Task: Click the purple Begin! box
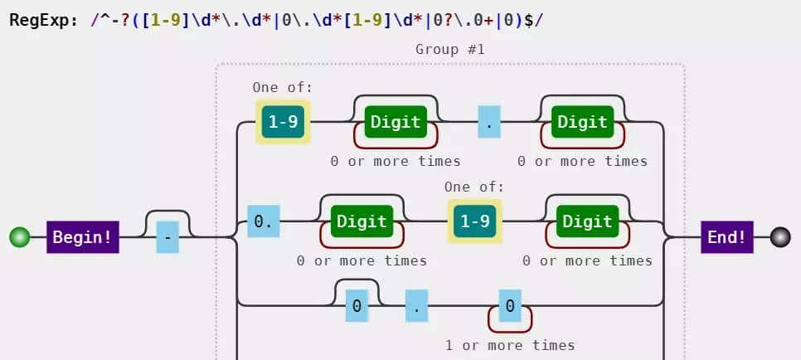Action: pyautogui.click(x=82, y=237)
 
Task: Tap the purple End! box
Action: pyautogui.click(x=726, y=237)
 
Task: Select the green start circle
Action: pyautogui.click(x=19, y=237)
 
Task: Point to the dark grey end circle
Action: pyautogui.click(x=780, y=237)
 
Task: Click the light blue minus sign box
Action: pyautogui.click(x=167, y=237)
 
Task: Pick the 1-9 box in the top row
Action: pyautogui.click(x=283, y=122)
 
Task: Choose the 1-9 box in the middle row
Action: pyautogui.click(x=474, y=221)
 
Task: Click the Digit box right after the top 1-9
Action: pyautogui.click(x=396, y=122)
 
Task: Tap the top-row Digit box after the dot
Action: pyautogui.click(x=582, y=122)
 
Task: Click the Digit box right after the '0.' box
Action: pyautogui.click(x=362, y=221)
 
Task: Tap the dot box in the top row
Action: pyautogui.click(x=489, y=122)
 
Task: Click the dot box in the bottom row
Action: pyautogui.click(x=417, y=305)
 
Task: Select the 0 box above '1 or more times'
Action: pyautogui.click(x=509, y=305)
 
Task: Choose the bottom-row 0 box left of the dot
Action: pyautogui.click(x=357, y=305)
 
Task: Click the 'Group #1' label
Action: pyautogui.click(x=449, y=50)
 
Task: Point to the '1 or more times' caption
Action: pyautogui.click(x=509, y=344)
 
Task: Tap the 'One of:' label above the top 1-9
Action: pyautogui.click(x=283, y=87)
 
